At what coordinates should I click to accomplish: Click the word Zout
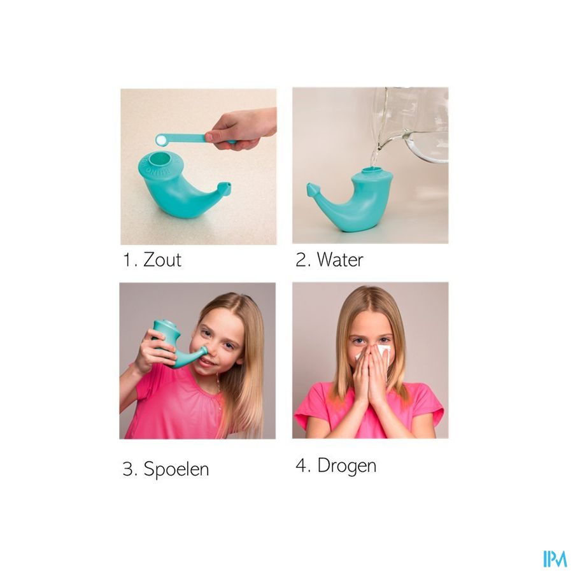pyautogui.click(x=162, y=260)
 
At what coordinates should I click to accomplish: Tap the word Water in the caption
pyautogui.click(x=340, y=260)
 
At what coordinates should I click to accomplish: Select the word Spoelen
pyautogui.click(x=176, y=469)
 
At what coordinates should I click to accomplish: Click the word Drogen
pyautogui.click(x=346, y=466)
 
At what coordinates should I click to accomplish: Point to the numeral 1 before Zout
pyautogui.click(x=127, y=260)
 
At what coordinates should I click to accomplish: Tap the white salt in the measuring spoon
pyautogui.click(x=161, y=139)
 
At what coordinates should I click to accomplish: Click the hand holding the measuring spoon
pyautogui.click(x=241, y=129)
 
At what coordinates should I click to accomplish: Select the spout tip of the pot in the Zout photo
pyautogui.click(x=226, y=187)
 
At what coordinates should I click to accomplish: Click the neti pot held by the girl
pyautogui.click(x=176, y=343)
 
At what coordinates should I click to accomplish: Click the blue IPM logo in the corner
pyautogui.click(x=555, y=559)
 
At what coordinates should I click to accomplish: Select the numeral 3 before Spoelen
pyautogui.click(x=129, y=469)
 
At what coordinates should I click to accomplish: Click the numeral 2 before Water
pyautogui.click(x=302, y=260)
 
